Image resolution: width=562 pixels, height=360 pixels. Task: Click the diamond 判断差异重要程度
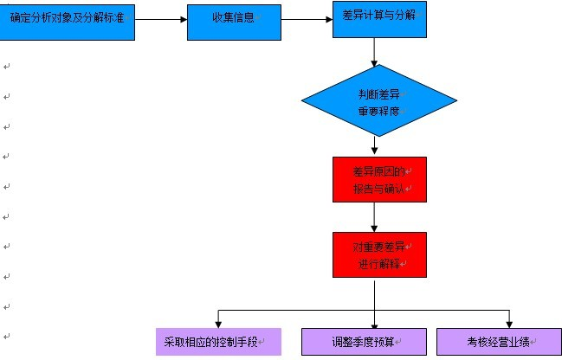click(x=379, y=101)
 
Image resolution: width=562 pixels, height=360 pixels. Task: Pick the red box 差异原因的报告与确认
click(x=379, y=179)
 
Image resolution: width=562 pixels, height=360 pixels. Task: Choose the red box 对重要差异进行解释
click(x=379, y=254)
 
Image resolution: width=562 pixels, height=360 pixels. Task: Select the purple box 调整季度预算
click(x=362, y=341)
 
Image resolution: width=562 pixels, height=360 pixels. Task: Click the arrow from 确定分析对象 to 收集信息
click(x=161, y=20)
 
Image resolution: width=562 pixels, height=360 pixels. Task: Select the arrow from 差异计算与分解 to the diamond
click(x=374, y=51)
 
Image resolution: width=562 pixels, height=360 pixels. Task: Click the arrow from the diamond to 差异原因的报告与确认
click(x=374, y=146)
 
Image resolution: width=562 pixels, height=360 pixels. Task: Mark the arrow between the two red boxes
click(x=374, y=216)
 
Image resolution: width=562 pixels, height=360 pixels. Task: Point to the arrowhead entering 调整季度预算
click(x=374, y=323)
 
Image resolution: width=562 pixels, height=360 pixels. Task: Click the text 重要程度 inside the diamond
click(x=379, y=112)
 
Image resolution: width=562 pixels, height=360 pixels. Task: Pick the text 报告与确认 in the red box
click(x=379, y=188)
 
